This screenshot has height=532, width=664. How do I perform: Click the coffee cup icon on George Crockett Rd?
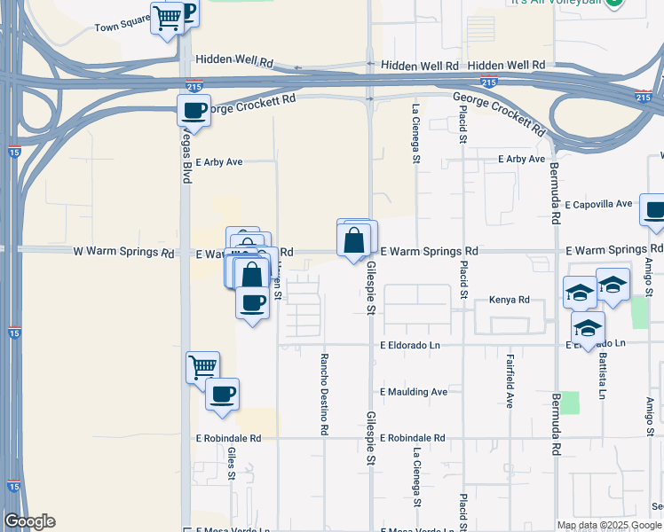click(194, 112)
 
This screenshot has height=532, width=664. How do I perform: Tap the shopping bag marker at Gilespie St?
click(353, 239)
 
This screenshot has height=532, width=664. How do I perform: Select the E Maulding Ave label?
click(414, 391)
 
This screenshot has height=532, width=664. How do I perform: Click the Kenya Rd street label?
click(510, 301)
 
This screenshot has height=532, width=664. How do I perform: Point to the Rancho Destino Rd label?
click(325, 394)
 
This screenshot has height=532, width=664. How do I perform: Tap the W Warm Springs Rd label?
click(123, 253)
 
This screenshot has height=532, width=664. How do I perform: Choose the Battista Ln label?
click(603, 372)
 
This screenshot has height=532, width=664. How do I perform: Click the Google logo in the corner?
click(29, 521)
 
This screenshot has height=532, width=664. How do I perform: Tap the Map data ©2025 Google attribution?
click(609, 525)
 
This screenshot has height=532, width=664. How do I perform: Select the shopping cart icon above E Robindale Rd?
click(203, 366)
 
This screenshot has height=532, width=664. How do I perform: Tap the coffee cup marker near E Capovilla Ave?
click(654, 212)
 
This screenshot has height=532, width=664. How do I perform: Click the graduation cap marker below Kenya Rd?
click(587, 328)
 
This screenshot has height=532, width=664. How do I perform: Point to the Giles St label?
click(231, 462)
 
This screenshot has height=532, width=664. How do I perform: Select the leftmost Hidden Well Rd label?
click(233, 61)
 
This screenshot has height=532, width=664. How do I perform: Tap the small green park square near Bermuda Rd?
click(569, 402)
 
